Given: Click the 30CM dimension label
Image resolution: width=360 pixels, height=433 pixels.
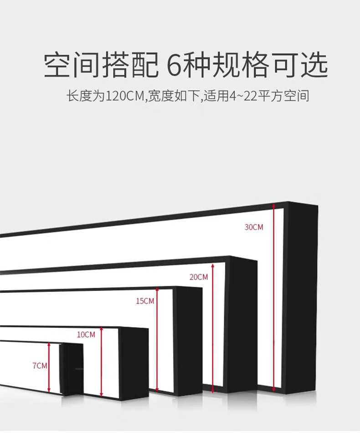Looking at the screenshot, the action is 254,227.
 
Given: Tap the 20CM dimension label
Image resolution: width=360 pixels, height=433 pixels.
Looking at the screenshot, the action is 199,277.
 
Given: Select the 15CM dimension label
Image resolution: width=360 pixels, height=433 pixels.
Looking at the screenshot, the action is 145,301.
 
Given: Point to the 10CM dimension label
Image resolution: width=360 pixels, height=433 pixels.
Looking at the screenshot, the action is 86,335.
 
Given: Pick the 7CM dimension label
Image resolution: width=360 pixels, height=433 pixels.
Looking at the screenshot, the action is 40,366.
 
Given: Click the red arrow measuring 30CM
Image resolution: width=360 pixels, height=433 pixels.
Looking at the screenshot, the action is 274,298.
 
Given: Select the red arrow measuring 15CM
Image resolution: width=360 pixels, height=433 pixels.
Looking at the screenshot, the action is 157,340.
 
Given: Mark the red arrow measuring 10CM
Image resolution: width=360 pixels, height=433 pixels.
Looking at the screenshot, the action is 102,362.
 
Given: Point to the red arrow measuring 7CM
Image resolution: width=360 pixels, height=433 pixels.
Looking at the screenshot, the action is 49,367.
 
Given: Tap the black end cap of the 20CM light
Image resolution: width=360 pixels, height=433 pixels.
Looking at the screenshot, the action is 242,325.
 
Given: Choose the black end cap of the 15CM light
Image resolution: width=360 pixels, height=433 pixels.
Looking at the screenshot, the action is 188,341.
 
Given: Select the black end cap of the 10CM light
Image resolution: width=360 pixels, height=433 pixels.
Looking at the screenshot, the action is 134,364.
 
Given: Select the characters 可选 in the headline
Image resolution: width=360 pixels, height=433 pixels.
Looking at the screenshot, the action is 300,66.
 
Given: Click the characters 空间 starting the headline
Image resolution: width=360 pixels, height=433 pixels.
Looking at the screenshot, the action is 72,66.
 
